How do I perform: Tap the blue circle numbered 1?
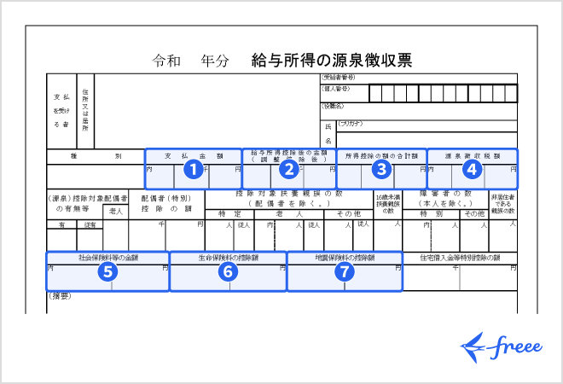194,169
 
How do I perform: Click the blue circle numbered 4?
473,169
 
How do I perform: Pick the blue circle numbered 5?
107,271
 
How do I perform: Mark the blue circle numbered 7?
344,271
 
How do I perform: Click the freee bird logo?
475,346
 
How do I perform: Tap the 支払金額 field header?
194,156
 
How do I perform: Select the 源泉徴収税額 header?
472,156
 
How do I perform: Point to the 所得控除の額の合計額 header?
382,156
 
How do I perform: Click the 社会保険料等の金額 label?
107,257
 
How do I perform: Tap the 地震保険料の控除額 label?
344,257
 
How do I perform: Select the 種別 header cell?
94,156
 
